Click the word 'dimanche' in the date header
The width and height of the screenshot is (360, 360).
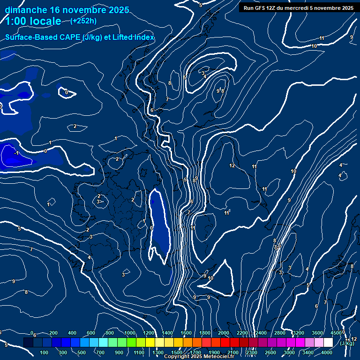click(26, 10)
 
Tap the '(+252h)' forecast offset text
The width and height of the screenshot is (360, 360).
click(83, 21)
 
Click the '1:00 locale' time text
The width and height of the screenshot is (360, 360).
click(33, 21)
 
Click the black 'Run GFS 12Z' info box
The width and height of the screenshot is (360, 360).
click(299, 7)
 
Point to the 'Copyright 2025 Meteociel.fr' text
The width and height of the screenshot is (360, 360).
click(199, 357)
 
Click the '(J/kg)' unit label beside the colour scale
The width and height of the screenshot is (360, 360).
click(347, 343)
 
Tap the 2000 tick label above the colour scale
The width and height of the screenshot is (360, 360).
click(224, 333)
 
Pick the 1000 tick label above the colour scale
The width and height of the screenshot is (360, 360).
click(130, 333)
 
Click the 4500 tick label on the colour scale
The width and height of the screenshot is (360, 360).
click(336, 333)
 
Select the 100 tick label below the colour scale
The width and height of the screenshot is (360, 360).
click(45, 352)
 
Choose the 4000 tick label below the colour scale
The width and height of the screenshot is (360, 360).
click(327, 352)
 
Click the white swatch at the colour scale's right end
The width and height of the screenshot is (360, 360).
click(328, 343)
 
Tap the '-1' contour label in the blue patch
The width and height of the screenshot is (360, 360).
click(16, 153)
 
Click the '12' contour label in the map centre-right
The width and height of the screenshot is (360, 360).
click(232, 166)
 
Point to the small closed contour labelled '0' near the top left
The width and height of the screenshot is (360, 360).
click(67, 92)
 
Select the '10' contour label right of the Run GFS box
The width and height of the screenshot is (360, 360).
click(314, 46)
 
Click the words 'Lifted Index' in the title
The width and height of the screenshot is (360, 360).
click(131, 37)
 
